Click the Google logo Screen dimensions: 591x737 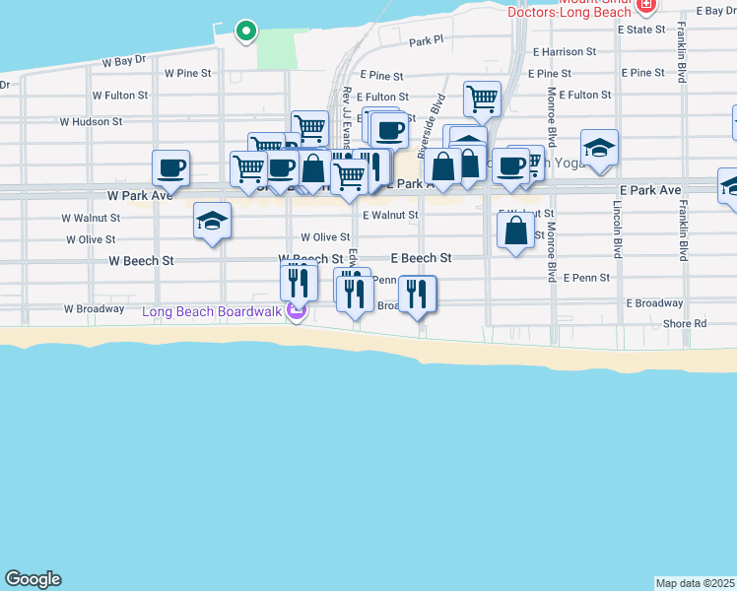coord(33,579)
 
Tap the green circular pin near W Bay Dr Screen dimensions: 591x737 coord(245,32)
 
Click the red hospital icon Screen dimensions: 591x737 coord(646,6)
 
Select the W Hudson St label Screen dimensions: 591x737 coord(91,122)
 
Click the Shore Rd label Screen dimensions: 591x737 coord(685,323)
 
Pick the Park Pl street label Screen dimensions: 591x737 coord(427,41)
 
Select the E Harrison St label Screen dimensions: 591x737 coord(564,51)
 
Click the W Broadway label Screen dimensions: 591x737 coord(94,308)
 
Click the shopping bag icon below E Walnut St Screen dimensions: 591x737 coord(515,231)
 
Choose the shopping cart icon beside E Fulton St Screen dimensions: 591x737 coord(482,98)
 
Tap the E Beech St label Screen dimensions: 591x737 coord(421,258)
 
